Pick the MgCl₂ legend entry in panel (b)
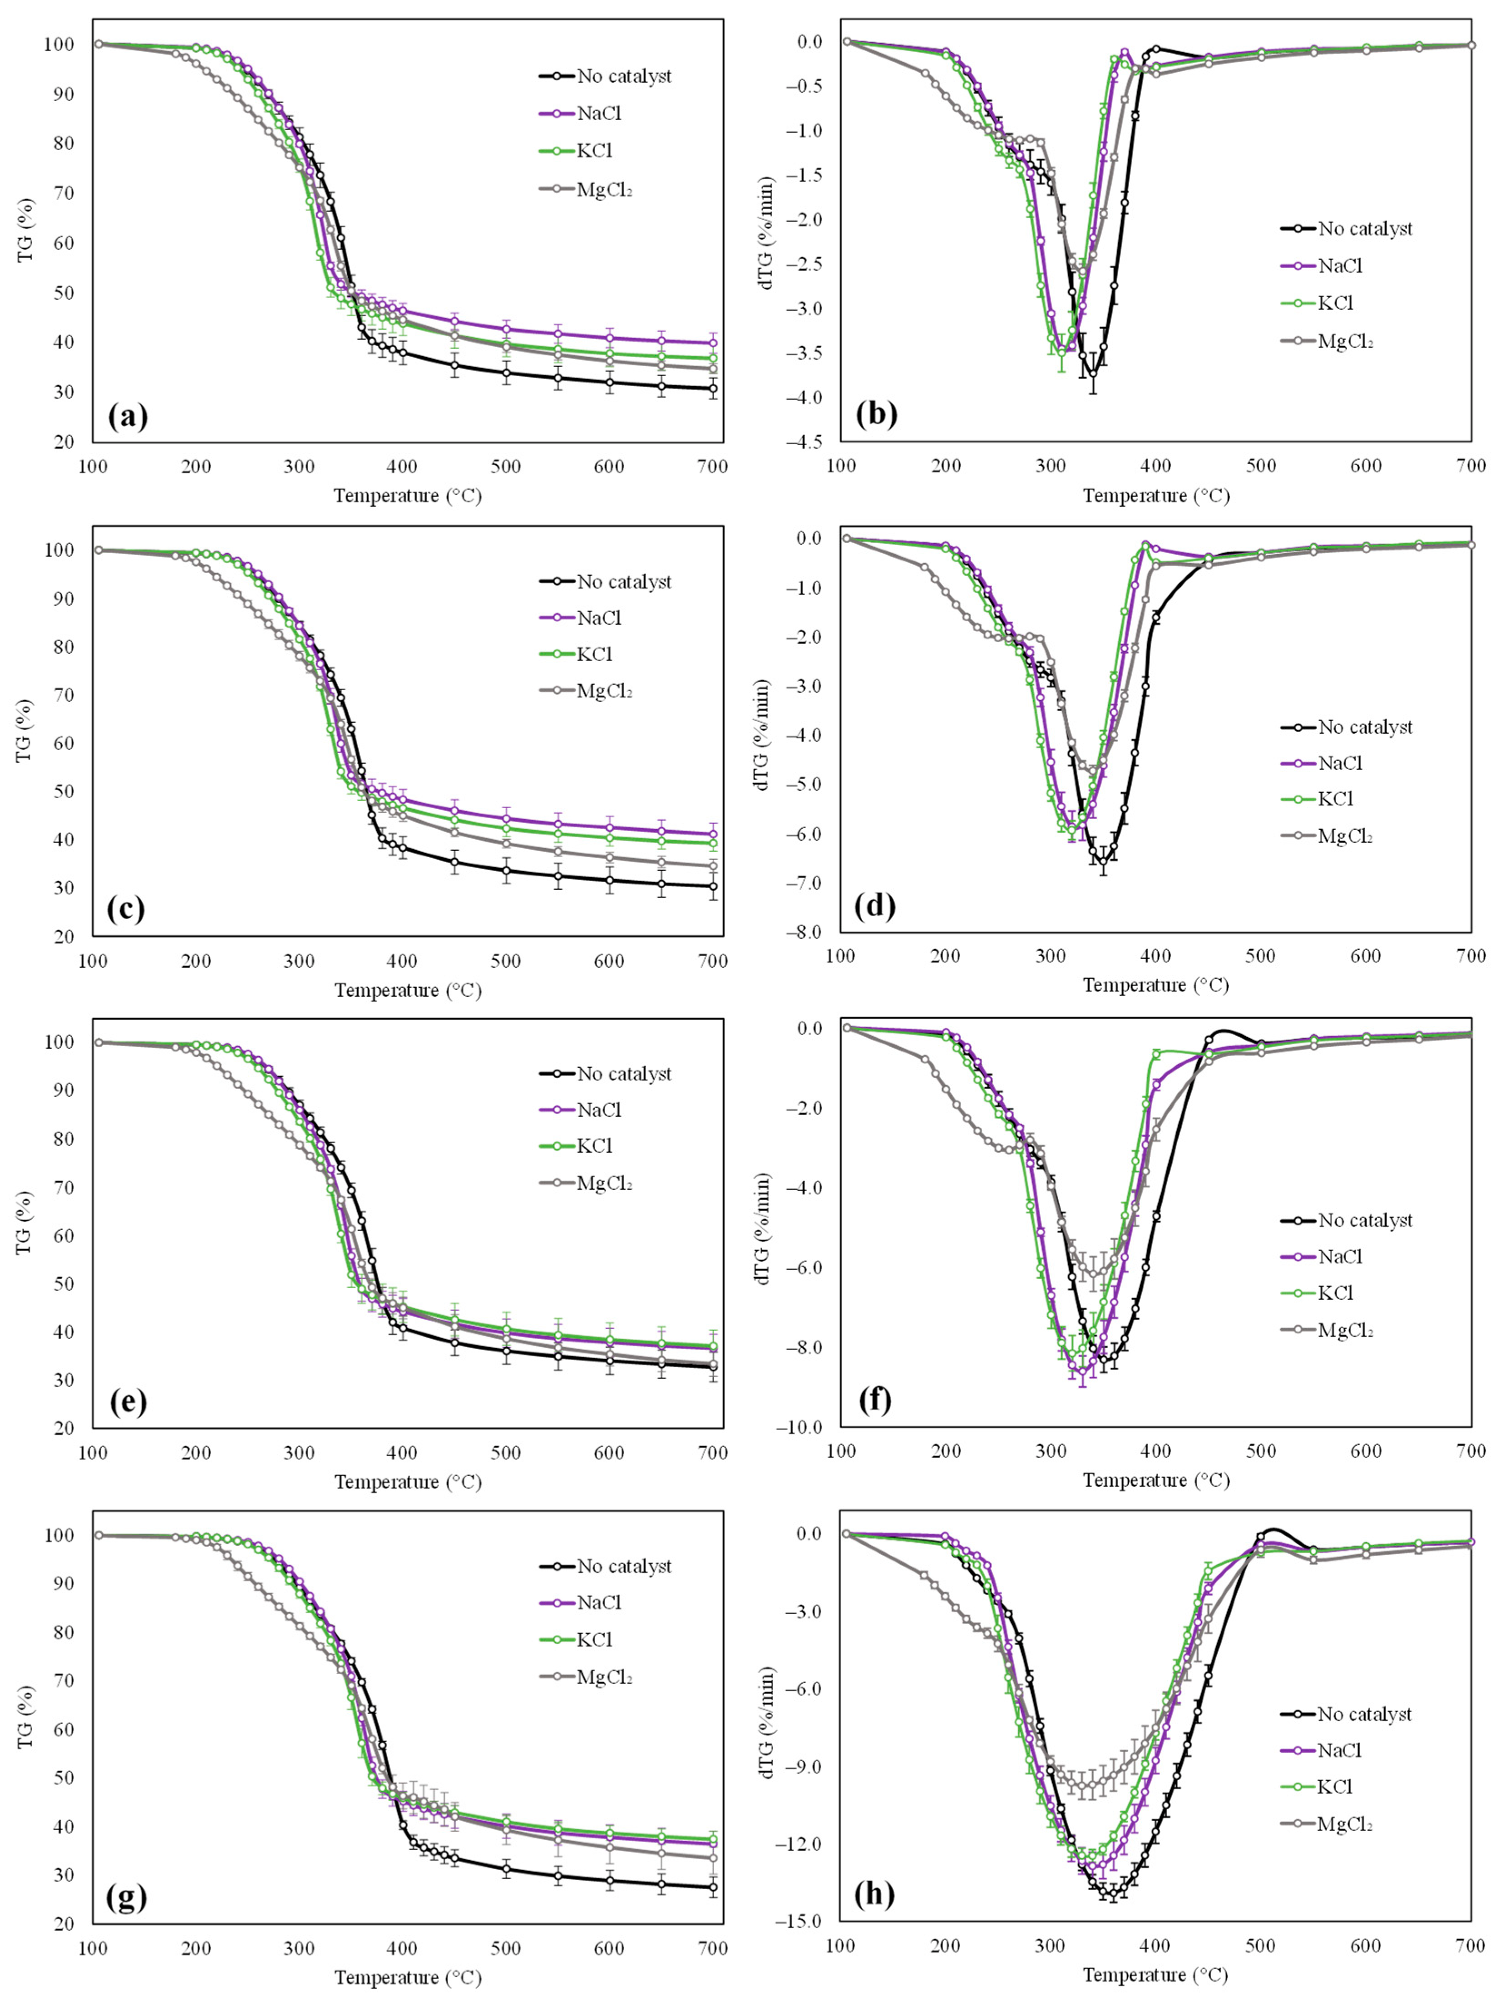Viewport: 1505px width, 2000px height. click(1345, 341)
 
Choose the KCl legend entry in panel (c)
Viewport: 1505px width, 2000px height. click(594, 654)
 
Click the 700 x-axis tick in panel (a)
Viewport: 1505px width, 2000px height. click(713, 467)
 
